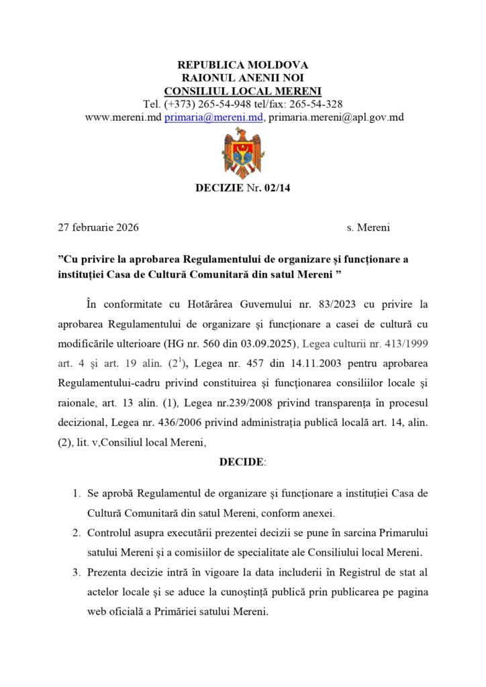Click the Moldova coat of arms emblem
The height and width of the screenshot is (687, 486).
242,153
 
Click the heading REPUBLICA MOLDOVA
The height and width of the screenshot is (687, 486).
242,65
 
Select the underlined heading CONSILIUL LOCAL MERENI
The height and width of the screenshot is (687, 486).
242,91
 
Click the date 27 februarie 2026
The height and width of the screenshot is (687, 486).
99,227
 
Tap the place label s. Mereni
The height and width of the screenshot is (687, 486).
369,227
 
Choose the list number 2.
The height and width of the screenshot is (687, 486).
76,533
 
